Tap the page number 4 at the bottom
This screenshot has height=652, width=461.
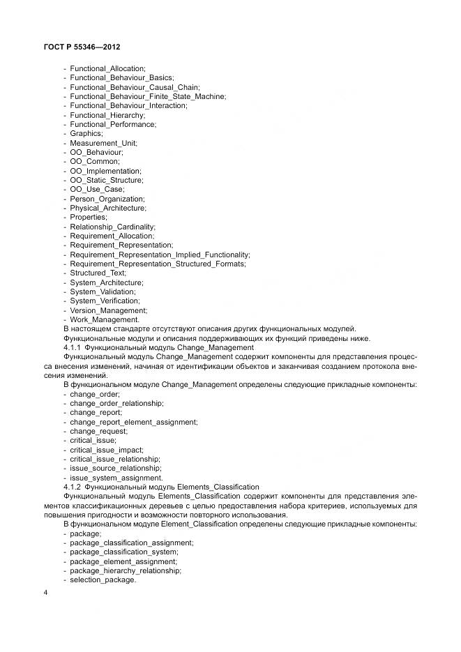pyautogui.click(x=45, y=593)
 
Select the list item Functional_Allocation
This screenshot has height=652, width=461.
pyautogui.click(x=107, y=68)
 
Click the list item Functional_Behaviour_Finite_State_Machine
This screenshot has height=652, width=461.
pyautogui.click(x=148, y=96)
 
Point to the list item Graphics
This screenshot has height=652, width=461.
pyautogui.click(x=86, y=133)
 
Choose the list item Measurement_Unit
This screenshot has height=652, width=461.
pyautogui.click(x=103, y=143)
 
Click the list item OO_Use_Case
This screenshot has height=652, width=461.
pyautogui.click(x=97, y=189)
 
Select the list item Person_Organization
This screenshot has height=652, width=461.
pyautogui.click(x=107, y=199)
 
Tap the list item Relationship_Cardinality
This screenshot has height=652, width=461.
pyautogui.click(x=112, y=227)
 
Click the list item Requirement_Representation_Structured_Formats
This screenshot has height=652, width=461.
pyautogui.click(x=158, y=264)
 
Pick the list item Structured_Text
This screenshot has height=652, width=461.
pyautogui.click(x=98, y=273)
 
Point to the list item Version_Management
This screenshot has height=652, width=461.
pyautogui.click(x=108, y=310)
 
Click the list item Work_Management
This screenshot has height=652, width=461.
pyautogui.click(x=104, y=319)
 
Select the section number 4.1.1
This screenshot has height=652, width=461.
pyautogui.click(x=73, y=347)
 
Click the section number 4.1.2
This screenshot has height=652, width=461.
pyautogui.click(x=73, y=487)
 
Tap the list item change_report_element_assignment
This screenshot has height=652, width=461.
pyautogui.click(x=133, y=422)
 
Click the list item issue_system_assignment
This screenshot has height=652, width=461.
pyautogui.click(x=116, y=478)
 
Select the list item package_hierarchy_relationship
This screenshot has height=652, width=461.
pyautogui.click(x=125, y=570)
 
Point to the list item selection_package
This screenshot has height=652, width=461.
pyautogui.click(x=103, y=579)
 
